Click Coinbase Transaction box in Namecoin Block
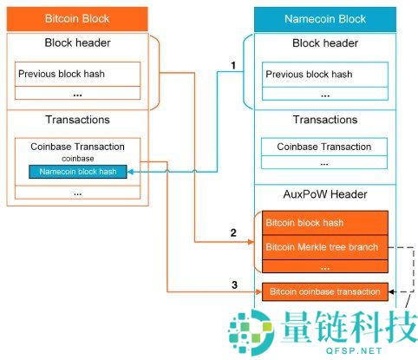pos(324,147)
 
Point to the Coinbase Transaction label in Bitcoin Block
pos(78,147)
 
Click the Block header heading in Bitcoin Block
pos(77,43)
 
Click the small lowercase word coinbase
pos(77,159)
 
